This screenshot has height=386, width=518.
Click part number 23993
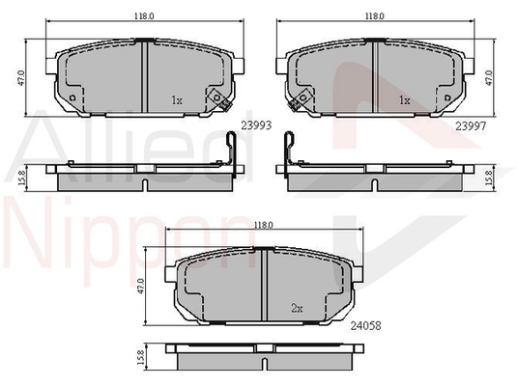(256, 125)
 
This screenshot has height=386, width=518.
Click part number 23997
(471, 126)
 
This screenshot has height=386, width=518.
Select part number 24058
(365, 326)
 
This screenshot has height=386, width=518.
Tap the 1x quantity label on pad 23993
(177, 100)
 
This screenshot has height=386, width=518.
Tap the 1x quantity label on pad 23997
(404, 100)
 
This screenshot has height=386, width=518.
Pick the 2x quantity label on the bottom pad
(297, 309)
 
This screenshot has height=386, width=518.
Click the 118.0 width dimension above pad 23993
(144, 15)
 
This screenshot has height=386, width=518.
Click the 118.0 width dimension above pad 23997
(374, 15)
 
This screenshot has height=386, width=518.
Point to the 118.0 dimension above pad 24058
(263, 225)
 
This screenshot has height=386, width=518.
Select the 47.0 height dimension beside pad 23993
(21, 78)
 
